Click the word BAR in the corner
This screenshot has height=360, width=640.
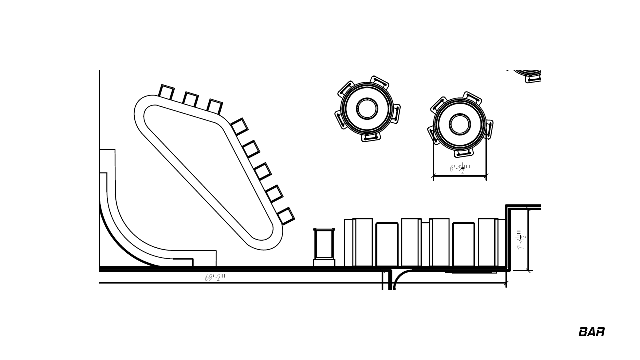click(591, 332)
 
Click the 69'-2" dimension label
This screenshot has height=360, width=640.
click(215, 277)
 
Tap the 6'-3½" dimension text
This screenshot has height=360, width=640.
click(460, 168)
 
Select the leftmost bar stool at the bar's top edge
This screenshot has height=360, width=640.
click(166, 92)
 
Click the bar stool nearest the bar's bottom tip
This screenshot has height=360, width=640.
click(286, 216)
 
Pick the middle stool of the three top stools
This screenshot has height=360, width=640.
click(190, 99)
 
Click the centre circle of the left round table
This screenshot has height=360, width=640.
click(367, 109)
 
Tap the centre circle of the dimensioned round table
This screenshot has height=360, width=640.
click(460, 124)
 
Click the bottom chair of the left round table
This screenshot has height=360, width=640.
click(371, 137)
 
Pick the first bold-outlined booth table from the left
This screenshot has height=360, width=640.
click(387, 244)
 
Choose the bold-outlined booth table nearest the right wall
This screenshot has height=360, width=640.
click(464, 244)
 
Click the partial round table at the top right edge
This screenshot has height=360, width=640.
click(528, 75)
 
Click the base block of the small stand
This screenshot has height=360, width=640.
click(324, 263)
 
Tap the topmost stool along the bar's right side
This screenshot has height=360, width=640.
click(240, 126)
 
